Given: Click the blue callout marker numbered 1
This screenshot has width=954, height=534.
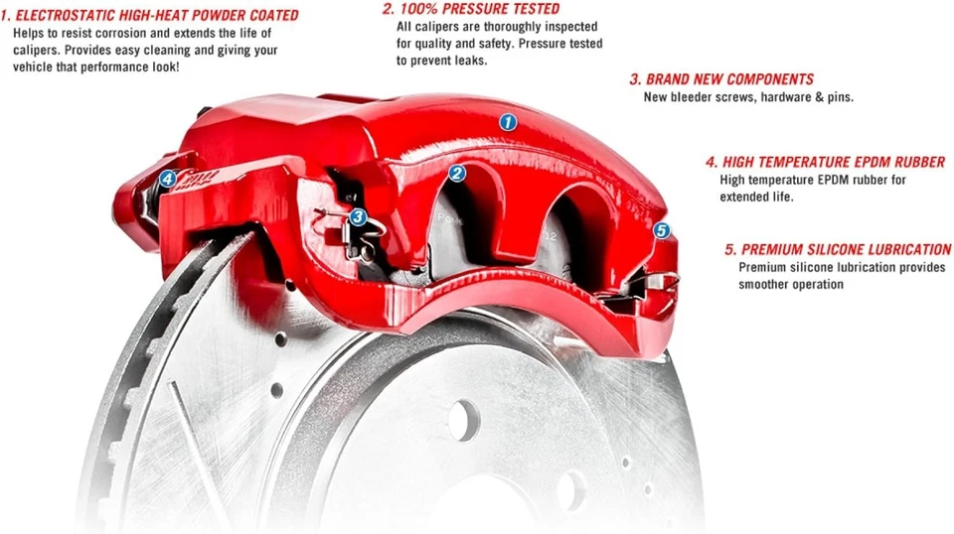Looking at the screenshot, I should pyautogui.click(x=508, y=123).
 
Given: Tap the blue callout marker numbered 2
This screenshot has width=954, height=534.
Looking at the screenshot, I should pyautogui.click(x=456, y=174).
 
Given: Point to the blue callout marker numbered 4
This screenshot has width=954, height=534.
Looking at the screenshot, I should pyautogui.click(x=168, y=180).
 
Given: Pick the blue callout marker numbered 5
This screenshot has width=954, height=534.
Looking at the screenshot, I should pyautogui.click(x=663, y=230).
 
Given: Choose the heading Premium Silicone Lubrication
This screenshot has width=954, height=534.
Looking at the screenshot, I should pyautogui.click(x=839, y=249).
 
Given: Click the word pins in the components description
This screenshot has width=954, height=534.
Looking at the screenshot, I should pyautogui.click(x=838, y=97).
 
